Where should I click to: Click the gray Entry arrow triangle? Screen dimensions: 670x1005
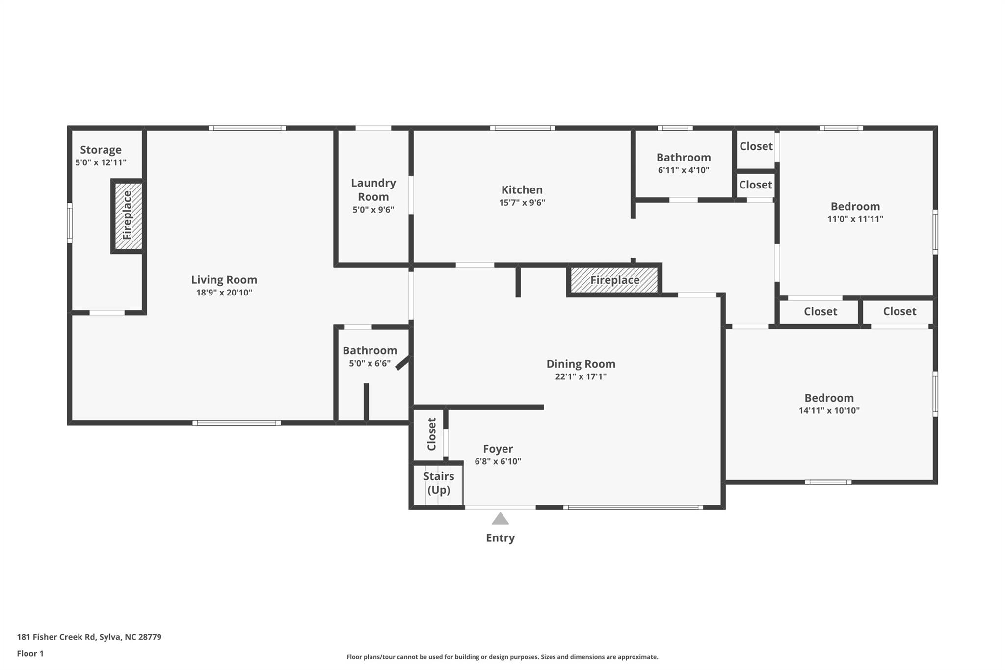pyautogui.click(x=500, y=519)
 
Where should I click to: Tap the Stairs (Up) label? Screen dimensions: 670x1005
pyautogui.click(x=438, y=483)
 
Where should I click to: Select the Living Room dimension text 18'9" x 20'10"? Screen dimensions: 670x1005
pyautogui.click(x=224, y=293)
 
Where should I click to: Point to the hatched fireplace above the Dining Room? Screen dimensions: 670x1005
pyautogui.click(x=614, y=280)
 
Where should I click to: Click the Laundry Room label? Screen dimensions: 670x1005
pyautogui.click(x=373, y=189)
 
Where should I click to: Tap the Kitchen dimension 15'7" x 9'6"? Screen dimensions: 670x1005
pyautogui.click(x=522, y=203)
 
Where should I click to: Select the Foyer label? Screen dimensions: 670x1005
pyautogui.click(x=498, y=449)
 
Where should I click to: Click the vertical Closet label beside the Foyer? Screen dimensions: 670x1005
pyautogui.click(x=432, y=434)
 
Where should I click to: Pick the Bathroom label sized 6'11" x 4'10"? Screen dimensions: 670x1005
pyautogui.click(x=683, y=158)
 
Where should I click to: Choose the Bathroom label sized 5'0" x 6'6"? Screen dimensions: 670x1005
pyautogui.click(x=370, y=350)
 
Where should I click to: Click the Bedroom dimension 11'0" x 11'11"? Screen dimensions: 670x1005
pyautogui.click(x=855, y=219)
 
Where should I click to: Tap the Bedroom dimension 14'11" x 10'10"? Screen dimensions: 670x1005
pyautogui.click(x=829, y=411)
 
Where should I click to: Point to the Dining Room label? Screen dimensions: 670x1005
pyautogui.click(x=581, y=364)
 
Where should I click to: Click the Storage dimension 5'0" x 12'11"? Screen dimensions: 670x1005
pyautogui.click(x=101, y=162)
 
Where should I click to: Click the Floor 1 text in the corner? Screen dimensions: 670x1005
pyautogui.click(x=30, y=653)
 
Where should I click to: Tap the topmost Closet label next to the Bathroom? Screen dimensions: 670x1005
pyautogui.click(x=756, y=146)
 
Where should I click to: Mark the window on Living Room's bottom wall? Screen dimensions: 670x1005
pyautogui.click(x=236, y=423)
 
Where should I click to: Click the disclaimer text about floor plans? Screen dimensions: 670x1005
pyautogui.click(x=502, y=657)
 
